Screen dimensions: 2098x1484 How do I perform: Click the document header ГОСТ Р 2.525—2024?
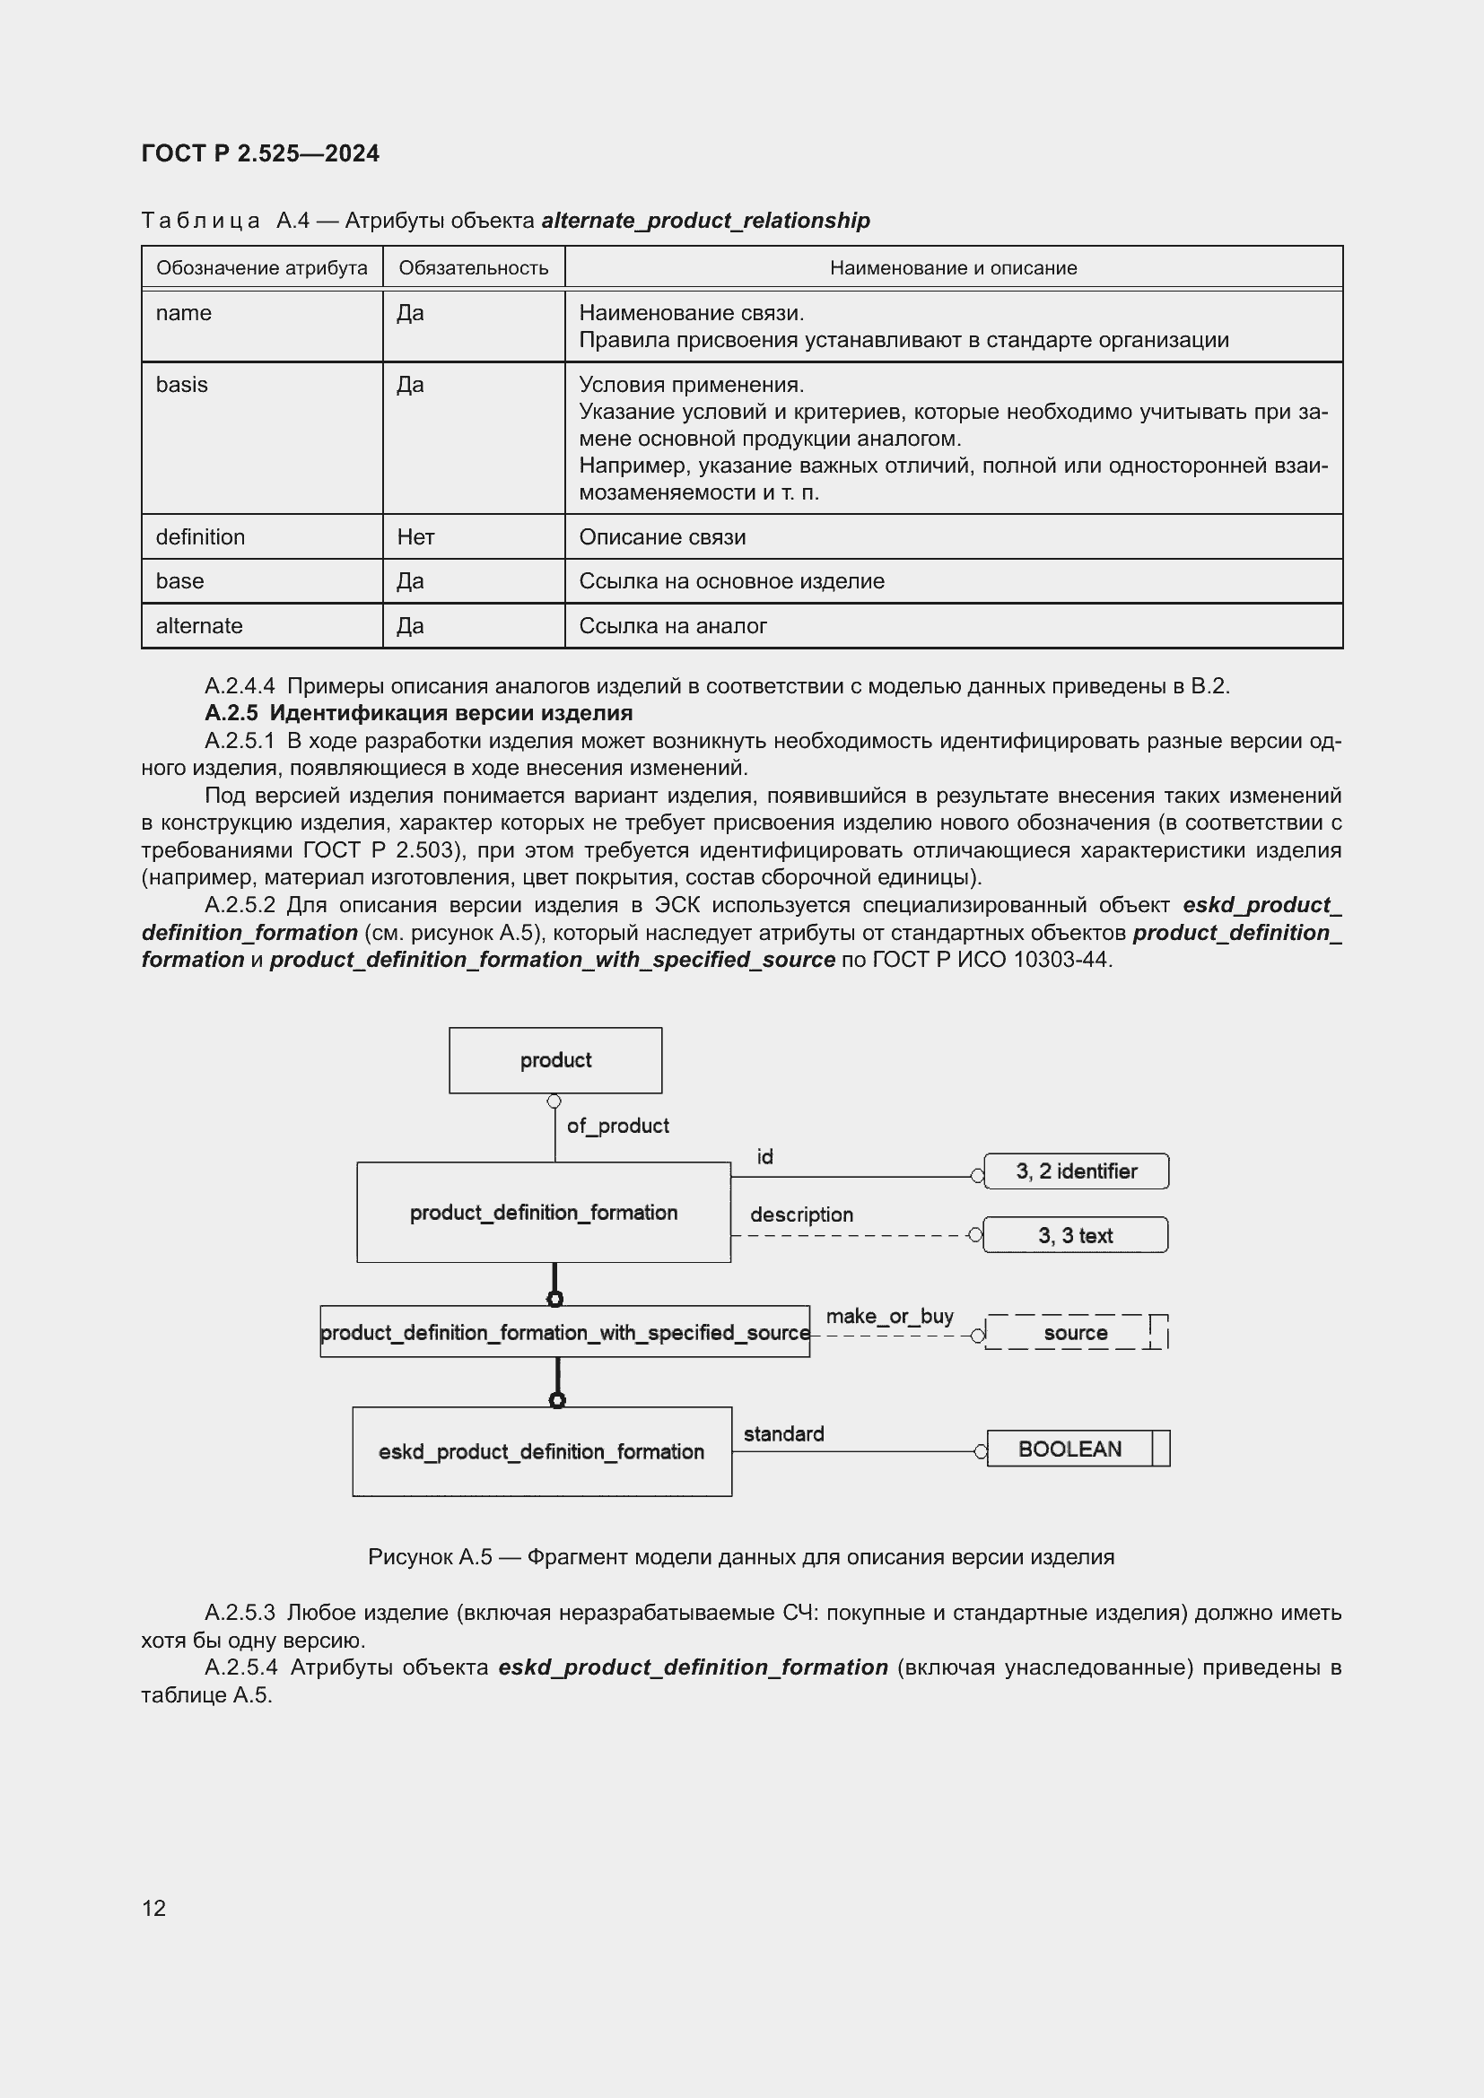pyautogui.click(x=260, y=153)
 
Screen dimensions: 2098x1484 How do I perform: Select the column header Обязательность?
pyautogui.click(x=474, y=267)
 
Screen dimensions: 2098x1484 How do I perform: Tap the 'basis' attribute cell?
pyautogui.click(x=182, y=385)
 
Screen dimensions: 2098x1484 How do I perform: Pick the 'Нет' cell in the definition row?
pyautogui.click(x=415, y=537)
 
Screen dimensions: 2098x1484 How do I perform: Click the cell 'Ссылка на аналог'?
pyautogui.click(x=673, y=626)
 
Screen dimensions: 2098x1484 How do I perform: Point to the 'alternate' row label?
pyautogui.click(x=199, y=626)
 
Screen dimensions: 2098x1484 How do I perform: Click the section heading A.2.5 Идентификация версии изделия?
pyautogui.click(x=418, y=713)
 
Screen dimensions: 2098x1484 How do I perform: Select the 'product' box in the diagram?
pyautogui.click(x=555, y=1060)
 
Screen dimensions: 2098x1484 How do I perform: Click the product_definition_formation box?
pyautogui.click(x=544, y=1213)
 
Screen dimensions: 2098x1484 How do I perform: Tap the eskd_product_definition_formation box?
pyautogui.click(x=542, y=1451)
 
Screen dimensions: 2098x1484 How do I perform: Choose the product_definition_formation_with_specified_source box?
pyautogui.click(x=564, y=1332)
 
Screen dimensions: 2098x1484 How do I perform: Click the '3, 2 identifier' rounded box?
pyautogui.click(x=1077, y=1171)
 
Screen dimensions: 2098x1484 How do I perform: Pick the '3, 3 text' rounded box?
pyautogui.click(x=1076, y=1235)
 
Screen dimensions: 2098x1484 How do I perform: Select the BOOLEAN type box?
pyautogui.click(x=1070, y=1449)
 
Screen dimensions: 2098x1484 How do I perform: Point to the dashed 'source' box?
pyautogui.click(x=1076, y=1332)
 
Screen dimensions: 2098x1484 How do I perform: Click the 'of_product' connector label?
pyautogui.click(x=617, y=1126)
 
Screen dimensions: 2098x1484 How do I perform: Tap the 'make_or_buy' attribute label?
pyautogui.click(x=889, y=1316)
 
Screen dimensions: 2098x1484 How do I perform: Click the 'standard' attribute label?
pyautogui.click(x=783, y=1433)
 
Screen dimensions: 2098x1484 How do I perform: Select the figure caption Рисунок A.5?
pyautogui.click(x=741, y=1557)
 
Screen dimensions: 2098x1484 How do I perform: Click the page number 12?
pyautogui.click(x=154, y=1908)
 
